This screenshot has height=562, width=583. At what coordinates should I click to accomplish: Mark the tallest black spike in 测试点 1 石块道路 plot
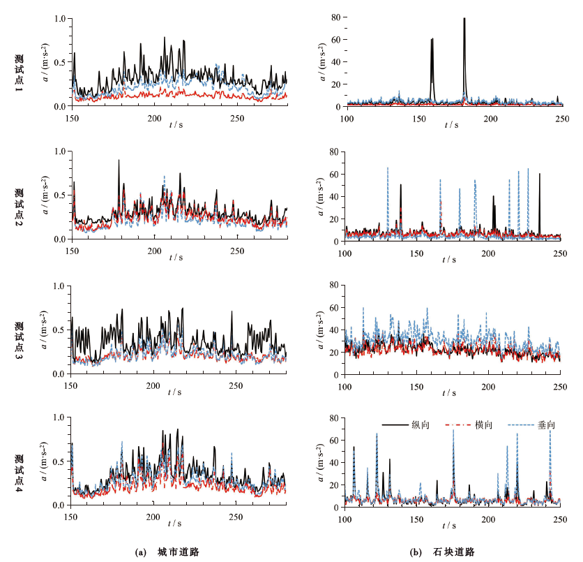tap(464, 19)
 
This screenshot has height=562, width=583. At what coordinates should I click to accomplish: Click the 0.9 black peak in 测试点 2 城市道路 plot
tap(119, 161)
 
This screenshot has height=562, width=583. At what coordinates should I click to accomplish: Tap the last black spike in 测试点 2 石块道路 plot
tap(539, 175)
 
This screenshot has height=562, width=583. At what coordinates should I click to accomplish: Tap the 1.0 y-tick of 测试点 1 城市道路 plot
tap(60, 18)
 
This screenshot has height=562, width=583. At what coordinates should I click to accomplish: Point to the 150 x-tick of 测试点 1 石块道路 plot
tap(418, 117)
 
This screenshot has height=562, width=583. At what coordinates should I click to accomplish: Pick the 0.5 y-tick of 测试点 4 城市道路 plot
tap(60, 461)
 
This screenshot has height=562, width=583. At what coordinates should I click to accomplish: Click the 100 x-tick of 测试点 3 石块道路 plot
tap(345, 385)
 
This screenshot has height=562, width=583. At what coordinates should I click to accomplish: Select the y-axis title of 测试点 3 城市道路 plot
tap(47, 330)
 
